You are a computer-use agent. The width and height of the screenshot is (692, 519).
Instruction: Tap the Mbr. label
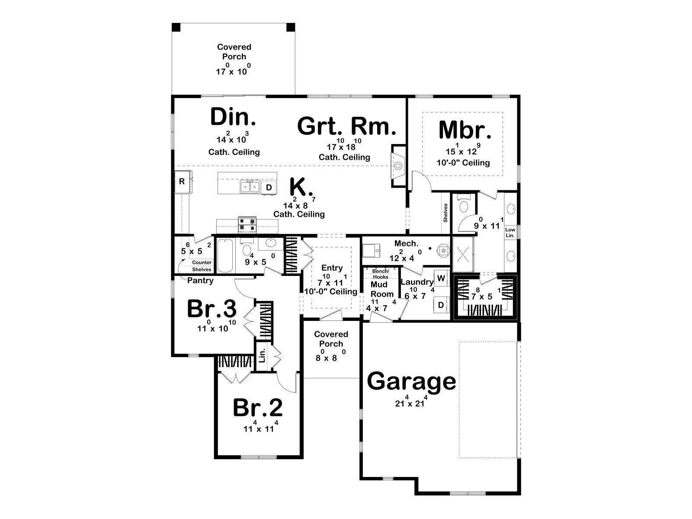coord(465,130)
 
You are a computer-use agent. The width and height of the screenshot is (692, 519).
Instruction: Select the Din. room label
coord(233,117)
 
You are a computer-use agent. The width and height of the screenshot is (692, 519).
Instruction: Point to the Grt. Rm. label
coord(346,126)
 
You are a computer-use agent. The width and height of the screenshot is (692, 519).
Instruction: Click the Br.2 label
coord(258,408)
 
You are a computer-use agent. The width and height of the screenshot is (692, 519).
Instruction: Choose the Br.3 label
coord(211,309)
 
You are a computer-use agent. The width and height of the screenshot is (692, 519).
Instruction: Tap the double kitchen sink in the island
coord(250,186)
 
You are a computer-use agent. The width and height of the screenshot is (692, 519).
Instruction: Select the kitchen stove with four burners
coord(247,224)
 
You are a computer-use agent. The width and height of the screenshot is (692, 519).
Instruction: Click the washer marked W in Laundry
coord(441,278)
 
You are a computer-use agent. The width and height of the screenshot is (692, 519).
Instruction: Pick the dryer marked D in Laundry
coord(441,305)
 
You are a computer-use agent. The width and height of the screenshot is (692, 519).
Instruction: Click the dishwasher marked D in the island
coord(269,188)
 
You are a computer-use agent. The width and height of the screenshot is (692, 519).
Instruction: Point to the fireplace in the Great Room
coord(398,166)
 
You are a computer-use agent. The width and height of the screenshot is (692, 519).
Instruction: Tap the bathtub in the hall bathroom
coord(225,256)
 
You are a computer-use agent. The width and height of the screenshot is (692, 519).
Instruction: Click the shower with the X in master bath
coord(463,254)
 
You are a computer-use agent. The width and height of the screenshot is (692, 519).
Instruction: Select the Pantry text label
coord(200,280)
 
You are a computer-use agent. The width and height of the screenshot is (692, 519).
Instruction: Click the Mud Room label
coord(382,289)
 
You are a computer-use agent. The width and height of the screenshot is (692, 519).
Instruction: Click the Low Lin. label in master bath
coord(510,233)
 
